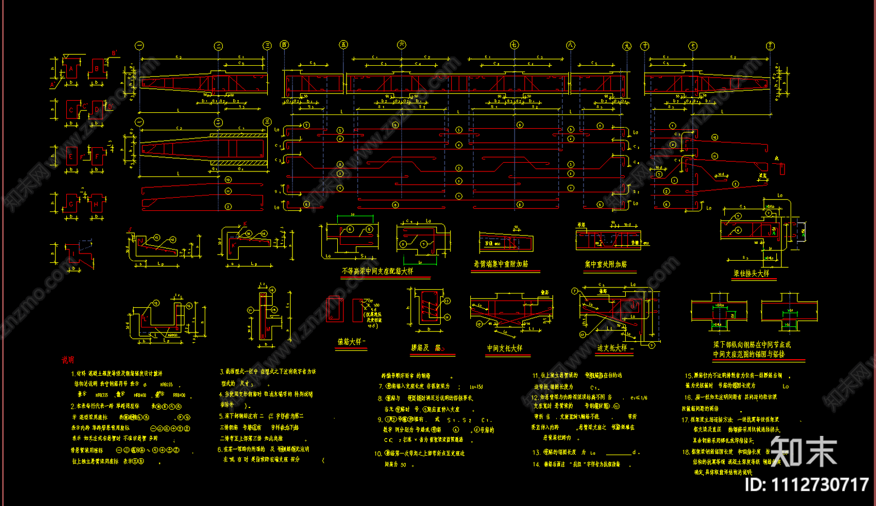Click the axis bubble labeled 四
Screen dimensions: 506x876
point(284,45)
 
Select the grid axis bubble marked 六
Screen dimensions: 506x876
point(401,45)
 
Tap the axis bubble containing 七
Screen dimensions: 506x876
point(514,45)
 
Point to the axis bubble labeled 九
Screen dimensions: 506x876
point(627,46)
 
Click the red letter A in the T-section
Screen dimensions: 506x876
point(71,69)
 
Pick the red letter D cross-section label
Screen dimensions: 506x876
point(97,110)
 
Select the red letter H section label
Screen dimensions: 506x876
point(96,205)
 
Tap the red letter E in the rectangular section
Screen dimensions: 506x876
point(71,157)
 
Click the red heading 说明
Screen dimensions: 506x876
point(68,360)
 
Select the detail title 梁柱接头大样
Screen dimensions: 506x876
point(751,273)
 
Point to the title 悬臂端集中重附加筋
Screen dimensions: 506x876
point(500,264)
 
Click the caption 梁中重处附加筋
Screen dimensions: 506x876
point(606,264)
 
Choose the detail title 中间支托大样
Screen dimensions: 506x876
point(504,348)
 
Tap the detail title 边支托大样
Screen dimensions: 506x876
point(612,348)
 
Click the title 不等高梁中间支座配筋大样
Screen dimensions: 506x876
point(377,271)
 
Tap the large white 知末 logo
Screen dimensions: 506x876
point(803,452)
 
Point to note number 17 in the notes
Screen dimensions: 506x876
point(685,420)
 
